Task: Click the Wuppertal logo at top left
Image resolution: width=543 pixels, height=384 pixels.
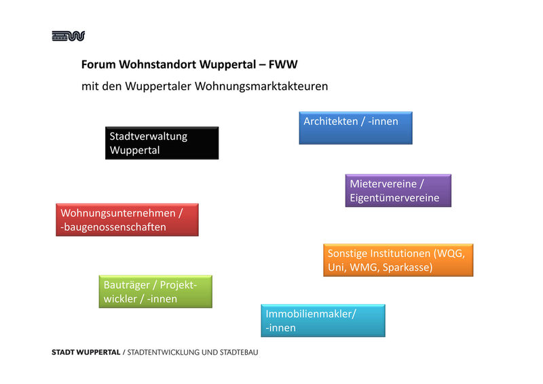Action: click(x=68, y=36)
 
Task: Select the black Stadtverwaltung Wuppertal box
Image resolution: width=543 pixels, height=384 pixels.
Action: click(x=162, y=143)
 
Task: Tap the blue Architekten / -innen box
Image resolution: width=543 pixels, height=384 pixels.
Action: click(x=356, y=128)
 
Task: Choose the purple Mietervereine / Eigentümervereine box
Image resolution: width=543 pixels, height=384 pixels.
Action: click(x=398, y=191)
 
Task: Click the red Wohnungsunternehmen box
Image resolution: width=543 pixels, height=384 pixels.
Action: click(x=127, y=220)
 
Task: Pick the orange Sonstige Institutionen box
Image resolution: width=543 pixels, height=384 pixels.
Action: click(x=398, y=260)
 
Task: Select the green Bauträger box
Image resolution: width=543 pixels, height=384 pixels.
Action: click(x=155, y=292)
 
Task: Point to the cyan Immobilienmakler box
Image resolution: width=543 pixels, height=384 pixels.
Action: click(x=322, y=320)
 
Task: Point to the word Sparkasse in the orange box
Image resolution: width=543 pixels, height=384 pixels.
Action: click(x=407, y=267)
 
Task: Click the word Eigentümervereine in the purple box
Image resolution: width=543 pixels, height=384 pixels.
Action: click(x=394, y=198)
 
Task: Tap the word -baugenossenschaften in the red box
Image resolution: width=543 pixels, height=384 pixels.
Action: click(x=113, y=227)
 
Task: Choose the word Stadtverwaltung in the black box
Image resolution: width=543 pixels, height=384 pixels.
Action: click(x=148, y=136)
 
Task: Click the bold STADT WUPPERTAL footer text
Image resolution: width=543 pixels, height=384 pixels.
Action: click(x=85, y=353)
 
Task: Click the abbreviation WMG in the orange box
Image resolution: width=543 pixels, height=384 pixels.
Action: click(x=363, y=267)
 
